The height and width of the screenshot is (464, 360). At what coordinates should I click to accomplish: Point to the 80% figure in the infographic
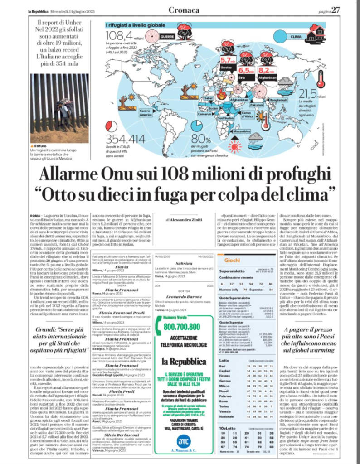(x=201, y=139)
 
